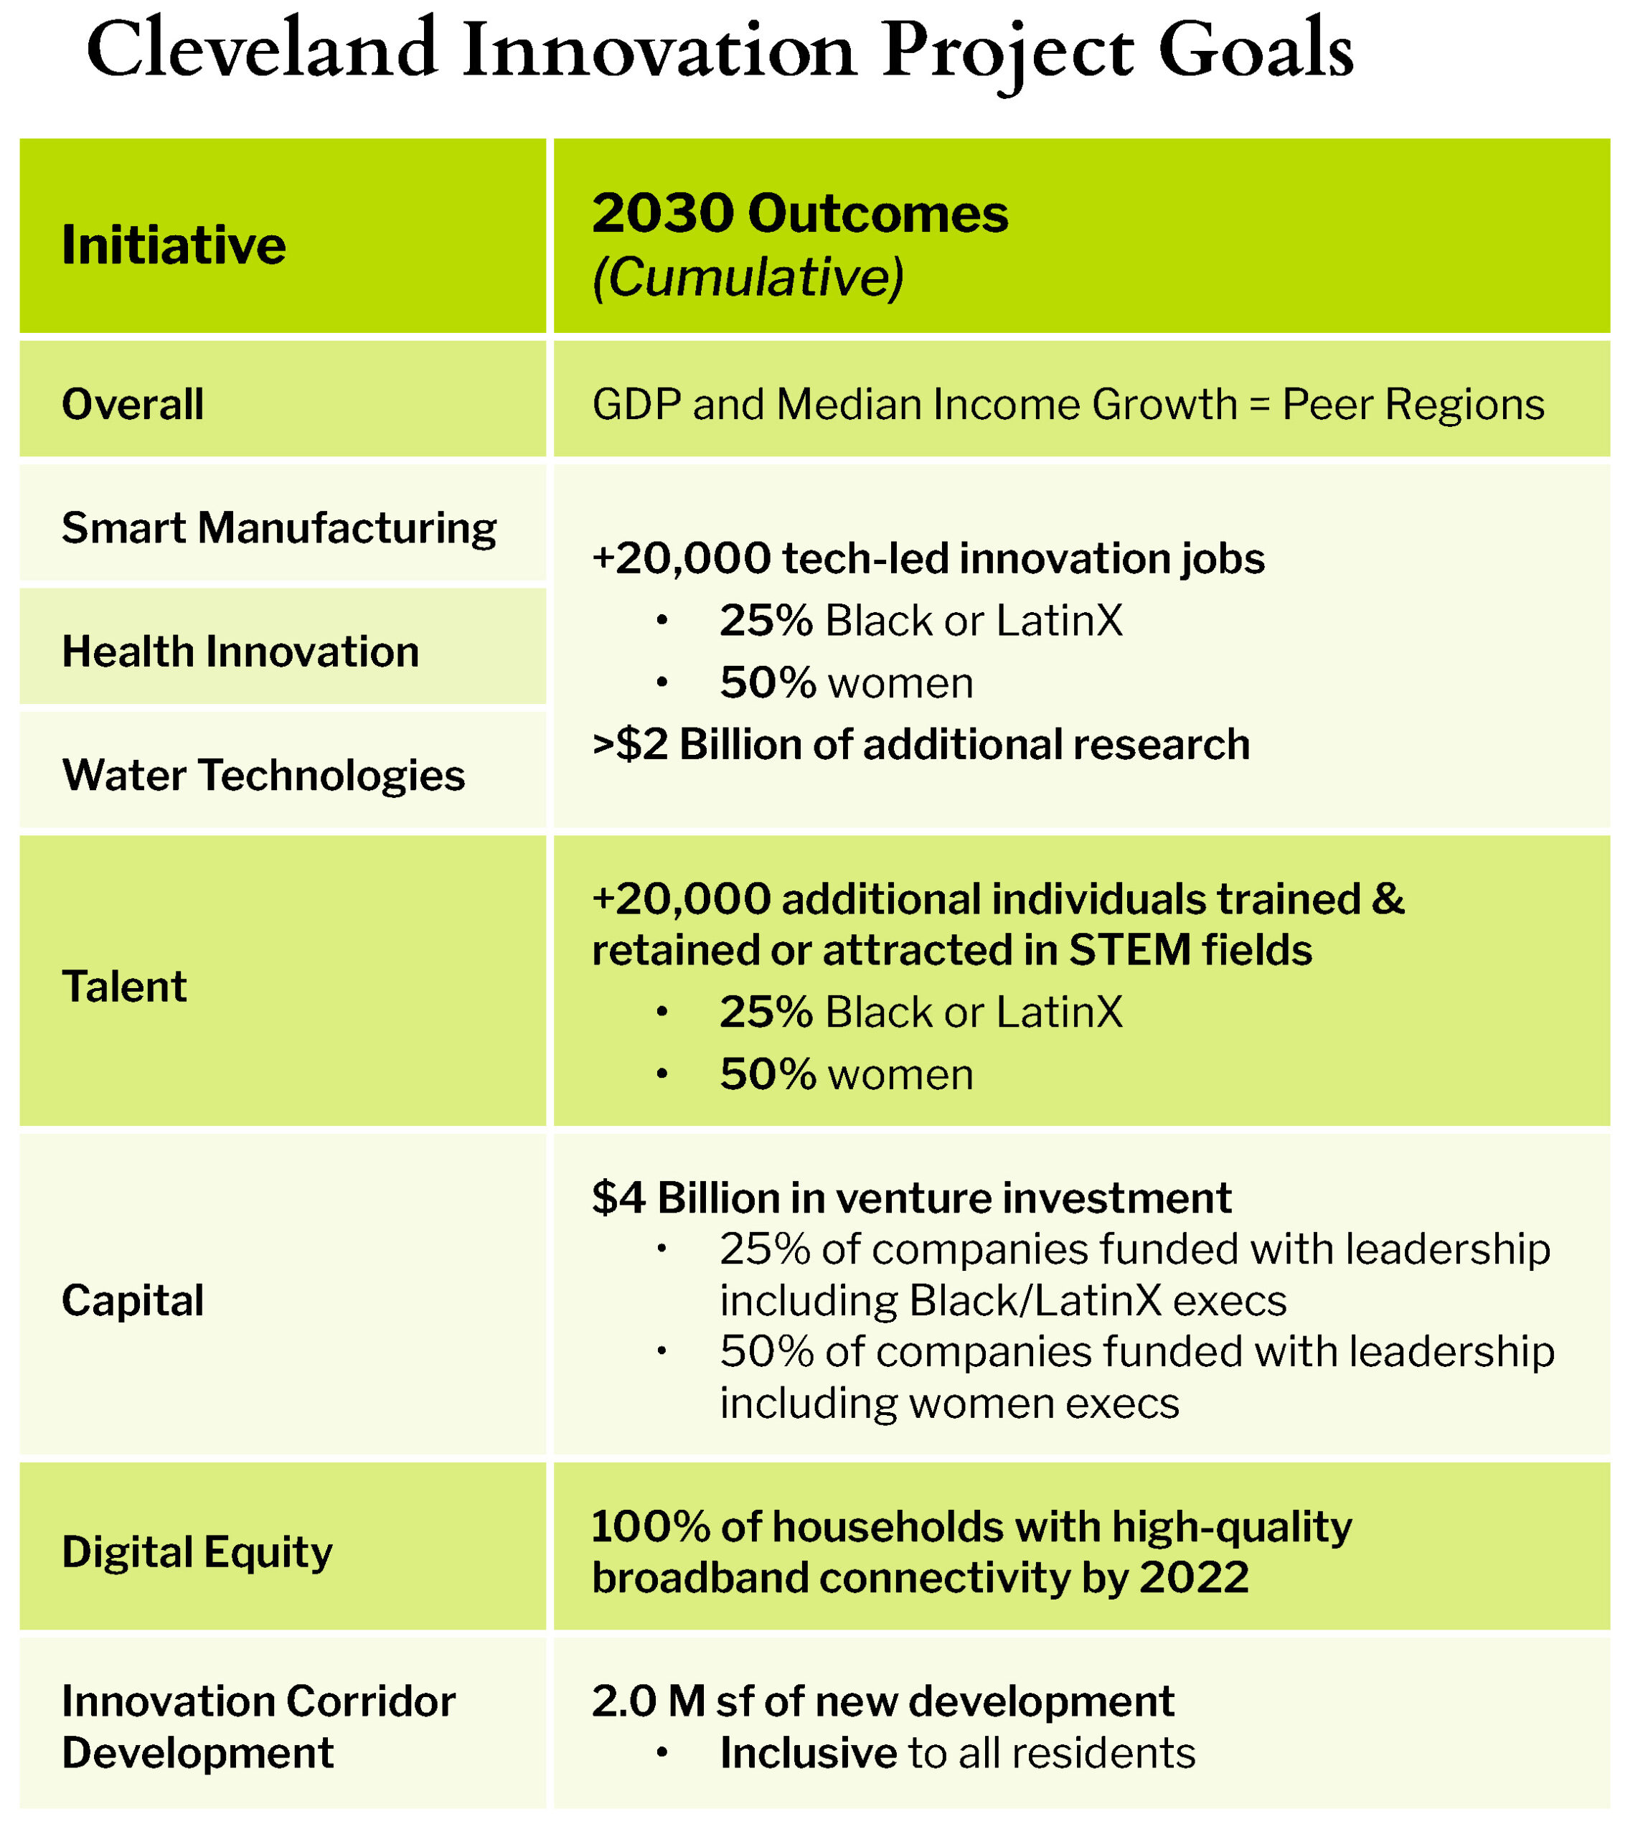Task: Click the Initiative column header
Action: click(174, 245)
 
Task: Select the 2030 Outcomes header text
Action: click(799, 214)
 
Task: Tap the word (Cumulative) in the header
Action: click(747, 276)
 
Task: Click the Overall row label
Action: click(133, 405)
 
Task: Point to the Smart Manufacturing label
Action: click(278, 529)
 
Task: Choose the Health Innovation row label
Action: click(240, 652)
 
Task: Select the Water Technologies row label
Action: click(263, 776)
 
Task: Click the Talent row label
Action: click(123, 987)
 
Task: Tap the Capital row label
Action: click(133, 1301)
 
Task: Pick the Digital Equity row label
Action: click(197, 1553)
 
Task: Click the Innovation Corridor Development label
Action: click(258, 1727)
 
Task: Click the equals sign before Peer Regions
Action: click(1258, 405)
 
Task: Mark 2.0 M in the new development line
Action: click(648, 1701)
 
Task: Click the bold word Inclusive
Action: click(808, 1753)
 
